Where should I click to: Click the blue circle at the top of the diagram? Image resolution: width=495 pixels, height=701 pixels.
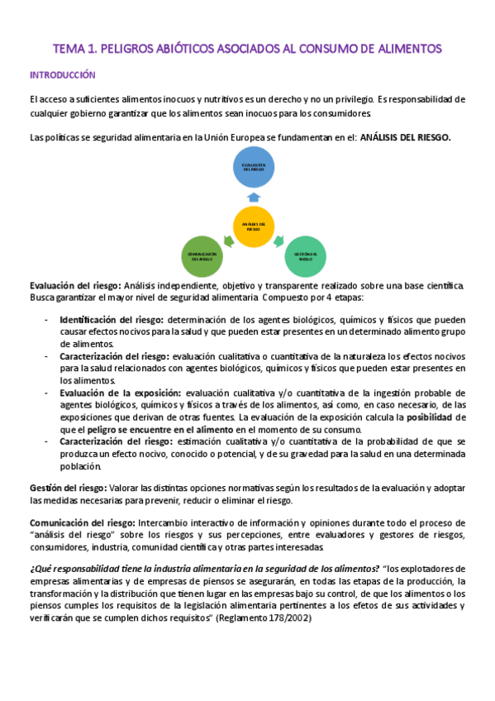click(254, 169)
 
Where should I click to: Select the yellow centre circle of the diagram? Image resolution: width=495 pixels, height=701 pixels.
click(254, 226)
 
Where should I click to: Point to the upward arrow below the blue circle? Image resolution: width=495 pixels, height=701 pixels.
click(254, 198)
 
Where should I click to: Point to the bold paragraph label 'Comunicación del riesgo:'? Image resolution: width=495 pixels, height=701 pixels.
click(77, 523)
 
